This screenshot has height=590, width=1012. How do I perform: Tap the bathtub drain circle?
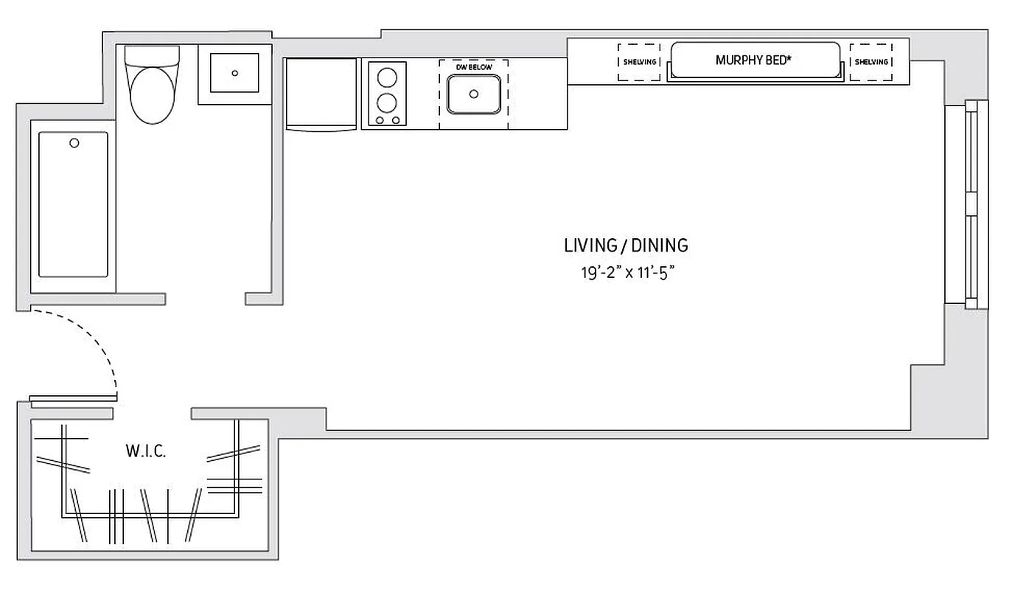point(74,143)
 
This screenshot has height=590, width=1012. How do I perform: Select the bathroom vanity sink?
point(234,73)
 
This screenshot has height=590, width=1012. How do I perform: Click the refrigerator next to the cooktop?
point(321,94)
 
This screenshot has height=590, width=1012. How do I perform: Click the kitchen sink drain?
point(474,94)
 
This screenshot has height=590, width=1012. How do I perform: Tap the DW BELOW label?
point(473,67)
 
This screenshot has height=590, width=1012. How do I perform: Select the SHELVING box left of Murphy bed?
point(639,62)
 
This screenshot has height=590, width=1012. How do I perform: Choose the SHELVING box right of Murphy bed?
point(871,62)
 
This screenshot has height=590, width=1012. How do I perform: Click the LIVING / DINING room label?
point(626,245)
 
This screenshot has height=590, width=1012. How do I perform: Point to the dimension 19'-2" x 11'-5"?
point(626,272)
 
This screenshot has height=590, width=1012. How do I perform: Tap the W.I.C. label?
point(145,451)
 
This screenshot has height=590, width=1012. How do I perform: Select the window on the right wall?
point(970,204)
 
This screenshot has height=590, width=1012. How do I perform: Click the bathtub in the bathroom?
point(73,204)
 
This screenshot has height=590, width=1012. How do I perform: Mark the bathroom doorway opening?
point(205,299)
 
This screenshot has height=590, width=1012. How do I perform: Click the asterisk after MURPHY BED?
point(789,58)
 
